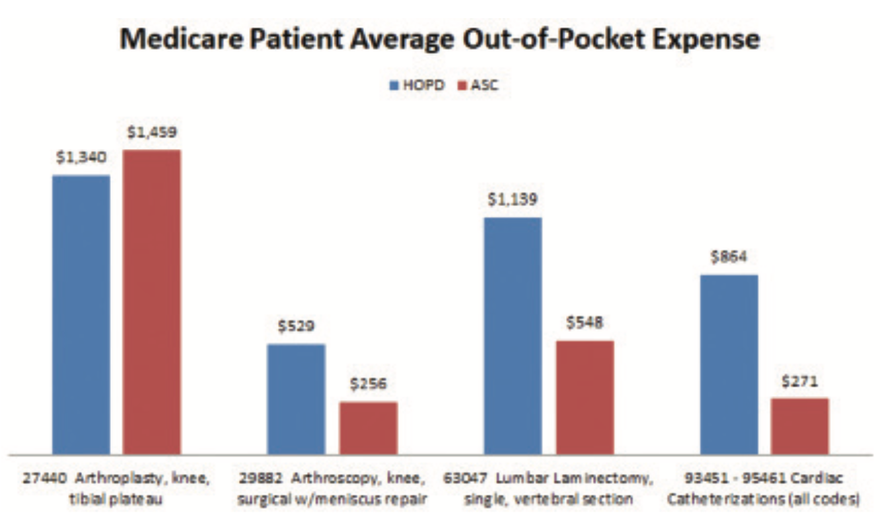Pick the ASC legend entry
(475, 86)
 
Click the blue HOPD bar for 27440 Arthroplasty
(81, 314)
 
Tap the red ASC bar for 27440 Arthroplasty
(152, 301)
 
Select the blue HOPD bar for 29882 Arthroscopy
(296, 399)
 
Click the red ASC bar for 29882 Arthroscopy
(367, 428)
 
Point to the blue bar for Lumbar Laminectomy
(512, 336)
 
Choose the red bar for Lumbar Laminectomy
(584, 397)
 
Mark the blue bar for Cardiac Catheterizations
(729, 365)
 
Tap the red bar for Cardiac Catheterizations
(800, 426)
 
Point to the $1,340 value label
(81, 158)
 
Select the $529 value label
(296, 327)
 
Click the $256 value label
(367, 385)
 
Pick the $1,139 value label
(512, 200)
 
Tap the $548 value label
(584, 323)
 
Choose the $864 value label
(729, 257)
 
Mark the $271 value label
(800, 381)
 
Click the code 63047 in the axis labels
(462, 479)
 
